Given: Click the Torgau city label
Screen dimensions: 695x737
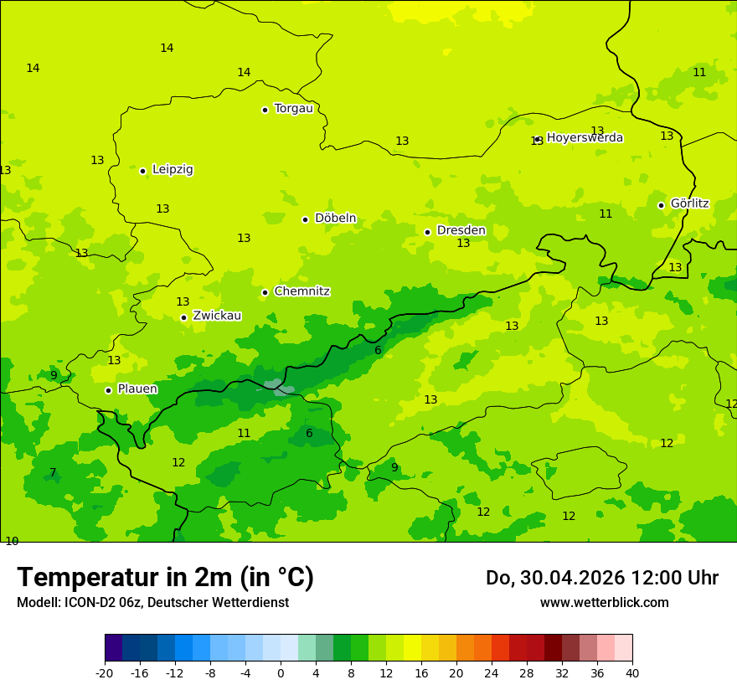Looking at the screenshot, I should tap(293, 109).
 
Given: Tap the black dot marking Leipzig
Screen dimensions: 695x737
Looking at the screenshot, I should tap(142, 171).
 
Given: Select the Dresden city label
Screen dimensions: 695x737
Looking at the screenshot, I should tap(461, 230).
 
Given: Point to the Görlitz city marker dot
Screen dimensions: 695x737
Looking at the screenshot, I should tap(661, 205).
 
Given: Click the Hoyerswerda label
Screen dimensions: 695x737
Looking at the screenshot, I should tap(585, 138).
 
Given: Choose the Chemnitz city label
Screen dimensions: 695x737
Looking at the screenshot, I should tap(301, 291).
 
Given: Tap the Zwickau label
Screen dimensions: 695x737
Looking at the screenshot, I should tap(217, 316).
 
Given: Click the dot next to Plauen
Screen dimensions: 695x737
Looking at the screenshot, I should tap(108, 390).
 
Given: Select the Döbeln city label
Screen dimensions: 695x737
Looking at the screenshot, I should tap(335, 219).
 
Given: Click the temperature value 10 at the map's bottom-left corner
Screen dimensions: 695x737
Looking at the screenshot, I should tap(12, 541).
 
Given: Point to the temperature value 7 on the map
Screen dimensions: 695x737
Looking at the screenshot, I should tap(53, 473).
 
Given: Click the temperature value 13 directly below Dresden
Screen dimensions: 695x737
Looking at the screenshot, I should tap(463, 244).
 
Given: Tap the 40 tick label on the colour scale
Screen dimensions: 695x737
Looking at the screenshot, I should tap(632, 673).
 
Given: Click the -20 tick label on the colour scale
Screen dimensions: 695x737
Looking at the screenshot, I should tap(105, 673).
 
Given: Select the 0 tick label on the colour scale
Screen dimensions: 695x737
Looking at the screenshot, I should tap(281, 673).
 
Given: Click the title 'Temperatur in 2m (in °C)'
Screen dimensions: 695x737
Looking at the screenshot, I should tap(165, 578).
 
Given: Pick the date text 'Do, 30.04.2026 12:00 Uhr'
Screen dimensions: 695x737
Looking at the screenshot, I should tap(601, 578).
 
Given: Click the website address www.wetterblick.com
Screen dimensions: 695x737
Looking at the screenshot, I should tap(604, 603).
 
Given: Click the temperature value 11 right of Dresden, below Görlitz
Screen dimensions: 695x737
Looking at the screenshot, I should tap(606, 214).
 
